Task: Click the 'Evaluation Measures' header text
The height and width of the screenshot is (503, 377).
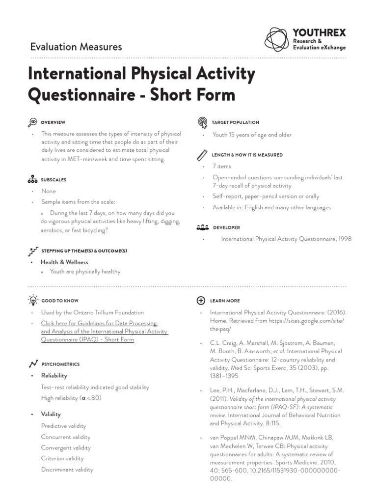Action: (76, 47)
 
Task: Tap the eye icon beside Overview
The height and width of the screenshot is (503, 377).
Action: (33, 122)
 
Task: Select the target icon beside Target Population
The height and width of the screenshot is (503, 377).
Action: (202, 122)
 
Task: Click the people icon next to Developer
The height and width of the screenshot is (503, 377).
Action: (202, 228)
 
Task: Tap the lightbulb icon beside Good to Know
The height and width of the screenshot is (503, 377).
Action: (33, 300)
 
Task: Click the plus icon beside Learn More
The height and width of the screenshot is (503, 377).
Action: (201, 300)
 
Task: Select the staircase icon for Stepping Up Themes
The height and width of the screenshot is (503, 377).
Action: (33, 251)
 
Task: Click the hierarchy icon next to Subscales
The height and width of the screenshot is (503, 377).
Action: (33, 180)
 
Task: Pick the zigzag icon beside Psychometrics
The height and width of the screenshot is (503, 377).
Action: (33, 364)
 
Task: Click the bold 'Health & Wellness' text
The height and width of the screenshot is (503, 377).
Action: (64, 262)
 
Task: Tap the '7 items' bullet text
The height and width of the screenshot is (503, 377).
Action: (222, 166)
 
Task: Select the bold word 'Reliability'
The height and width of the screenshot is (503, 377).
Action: (54, 375)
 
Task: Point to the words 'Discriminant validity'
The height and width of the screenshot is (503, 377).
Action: (67, 469)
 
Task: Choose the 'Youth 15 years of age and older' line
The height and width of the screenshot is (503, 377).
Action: (252, 134)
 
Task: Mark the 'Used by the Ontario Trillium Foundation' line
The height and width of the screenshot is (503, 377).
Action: (92, 312)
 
